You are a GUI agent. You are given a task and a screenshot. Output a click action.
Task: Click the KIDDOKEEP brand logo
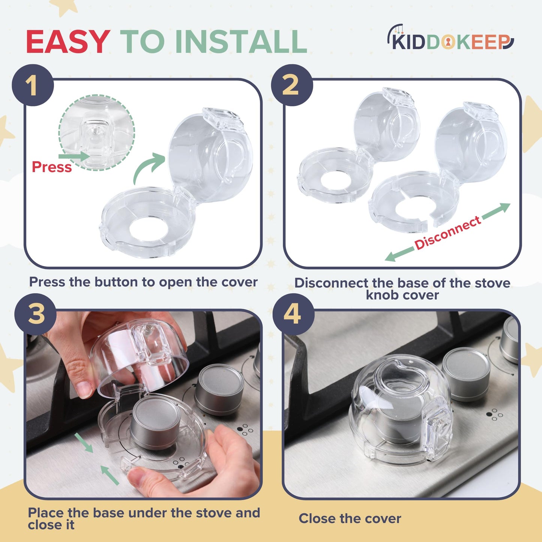(450, 39)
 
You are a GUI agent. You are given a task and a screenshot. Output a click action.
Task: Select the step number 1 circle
(33, 86)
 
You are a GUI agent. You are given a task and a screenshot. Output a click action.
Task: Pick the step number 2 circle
(292, 86)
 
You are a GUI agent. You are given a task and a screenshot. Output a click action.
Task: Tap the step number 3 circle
(36, 314)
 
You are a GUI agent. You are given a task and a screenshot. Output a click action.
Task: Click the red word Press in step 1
(51, 167)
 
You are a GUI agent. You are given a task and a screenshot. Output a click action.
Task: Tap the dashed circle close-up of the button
(97, 132)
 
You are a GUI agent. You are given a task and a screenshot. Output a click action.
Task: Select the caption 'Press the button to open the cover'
(143, 282)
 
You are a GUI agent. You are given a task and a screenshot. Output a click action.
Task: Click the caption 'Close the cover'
(350, 519)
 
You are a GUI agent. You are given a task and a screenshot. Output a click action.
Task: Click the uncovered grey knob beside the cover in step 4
(466, 373)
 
